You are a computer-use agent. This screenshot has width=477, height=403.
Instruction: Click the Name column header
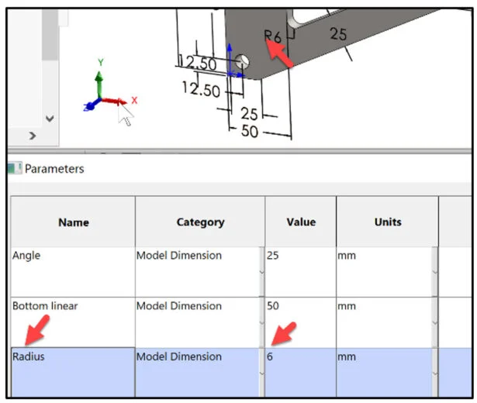point(74,222)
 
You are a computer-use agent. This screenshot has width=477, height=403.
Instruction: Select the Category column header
point(200,222)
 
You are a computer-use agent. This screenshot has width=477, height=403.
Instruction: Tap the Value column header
point(301,222)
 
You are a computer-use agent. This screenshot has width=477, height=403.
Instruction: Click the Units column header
point(388,222)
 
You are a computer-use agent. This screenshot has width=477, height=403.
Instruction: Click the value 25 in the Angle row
point(272,255)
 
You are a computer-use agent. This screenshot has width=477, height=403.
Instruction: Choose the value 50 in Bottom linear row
point(273,306)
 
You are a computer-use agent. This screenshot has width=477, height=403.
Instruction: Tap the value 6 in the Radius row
point(270,356)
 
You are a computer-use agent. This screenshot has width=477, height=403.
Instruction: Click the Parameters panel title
point(54,169)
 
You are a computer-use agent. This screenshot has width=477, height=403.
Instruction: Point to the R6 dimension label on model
point(272,36)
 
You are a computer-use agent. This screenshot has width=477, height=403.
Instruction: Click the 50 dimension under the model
point(250,131)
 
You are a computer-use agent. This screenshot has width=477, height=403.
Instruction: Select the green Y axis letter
point(101,62)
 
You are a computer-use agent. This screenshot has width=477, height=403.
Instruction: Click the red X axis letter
point(134,100)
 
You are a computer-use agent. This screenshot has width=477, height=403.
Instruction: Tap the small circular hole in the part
point(243,62)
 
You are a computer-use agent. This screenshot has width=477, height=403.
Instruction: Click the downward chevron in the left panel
point(50,119)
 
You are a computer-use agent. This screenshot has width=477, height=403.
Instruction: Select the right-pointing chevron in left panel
point(33,136)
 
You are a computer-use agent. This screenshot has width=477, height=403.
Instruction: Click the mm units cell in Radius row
point(347,356)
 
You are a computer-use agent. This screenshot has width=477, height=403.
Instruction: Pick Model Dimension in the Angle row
point(179,255)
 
